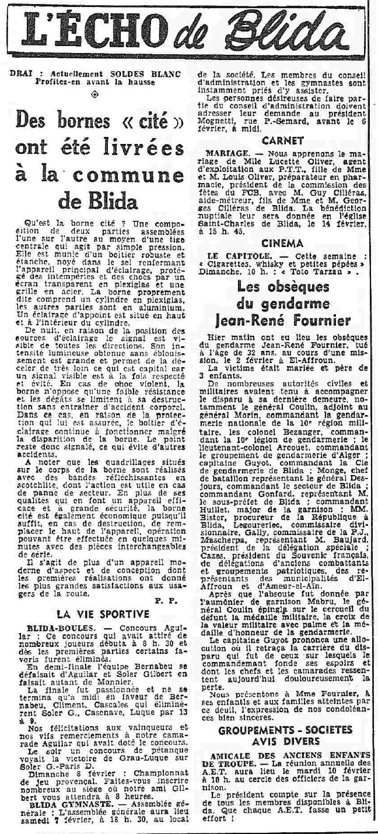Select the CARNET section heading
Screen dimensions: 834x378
click(x=282, y=140)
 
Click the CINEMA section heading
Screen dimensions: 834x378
click(x=282, y=244)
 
